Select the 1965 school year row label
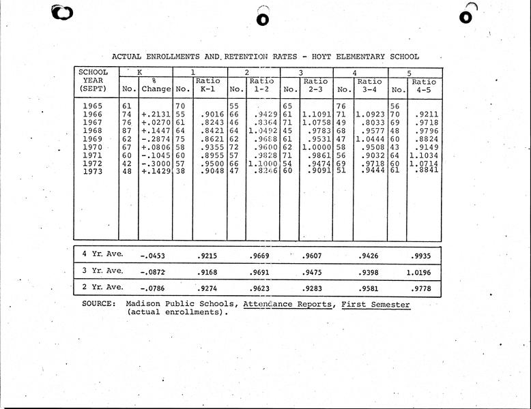click(92, 106)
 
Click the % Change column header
click(156, 85)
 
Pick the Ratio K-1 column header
click(207, 85)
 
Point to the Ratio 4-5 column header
click(424, 85)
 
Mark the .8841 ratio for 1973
click(425, 170)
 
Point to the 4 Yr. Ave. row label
click(102, 254)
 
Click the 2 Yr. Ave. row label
click(102, 287)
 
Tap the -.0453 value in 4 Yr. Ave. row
click(153, 256)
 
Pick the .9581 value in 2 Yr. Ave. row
click(370, 288)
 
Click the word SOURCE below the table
click(98, 304)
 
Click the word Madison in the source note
click(142, 304)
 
